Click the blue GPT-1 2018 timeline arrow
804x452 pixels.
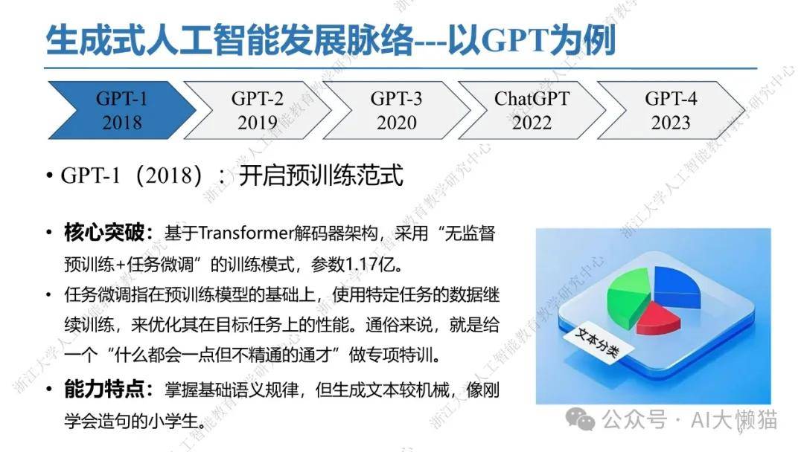coord(122,110)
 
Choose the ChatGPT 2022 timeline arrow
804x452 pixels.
coord(532,110)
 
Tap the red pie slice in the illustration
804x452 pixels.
coord(659,317)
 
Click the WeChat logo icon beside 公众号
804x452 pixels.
coord(580,420)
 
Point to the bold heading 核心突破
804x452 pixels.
coord(105,233)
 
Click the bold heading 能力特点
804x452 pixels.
coord(105,390)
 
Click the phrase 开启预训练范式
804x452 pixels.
coord(321,175)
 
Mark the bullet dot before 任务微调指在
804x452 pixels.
coord(48,295)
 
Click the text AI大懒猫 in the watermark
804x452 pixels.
coord(734,420)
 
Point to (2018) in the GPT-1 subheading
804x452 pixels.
coord(168,175)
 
